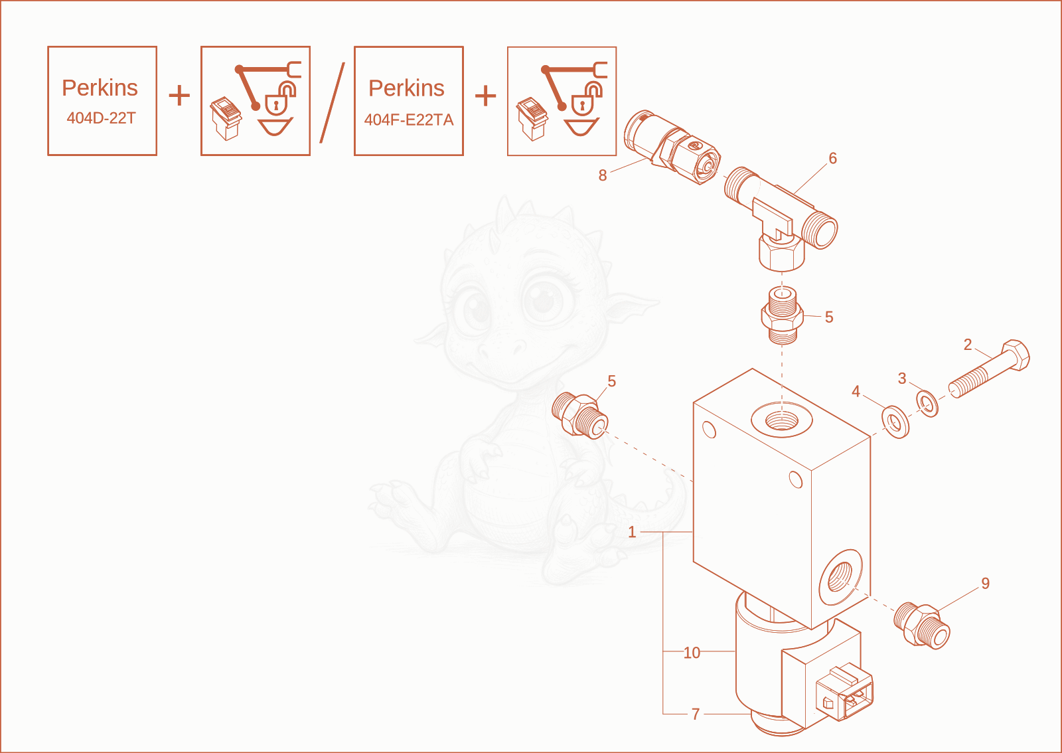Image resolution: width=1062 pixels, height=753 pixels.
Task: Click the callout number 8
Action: tap(603, 175)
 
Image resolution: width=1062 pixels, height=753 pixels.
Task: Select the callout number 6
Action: tap(832, 159)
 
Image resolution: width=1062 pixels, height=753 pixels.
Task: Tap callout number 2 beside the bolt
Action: tap(968, 345)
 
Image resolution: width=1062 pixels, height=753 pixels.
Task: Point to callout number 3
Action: tap(902, 378)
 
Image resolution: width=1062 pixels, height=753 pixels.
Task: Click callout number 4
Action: tap(856, 391)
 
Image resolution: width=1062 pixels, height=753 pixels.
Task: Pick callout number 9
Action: tap(985, 583)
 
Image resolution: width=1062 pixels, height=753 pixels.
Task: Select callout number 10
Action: tap(692, 653)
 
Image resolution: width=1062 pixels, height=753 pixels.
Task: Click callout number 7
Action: tap(696, 714)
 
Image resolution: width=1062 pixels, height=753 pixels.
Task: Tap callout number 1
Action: tap(631, 532)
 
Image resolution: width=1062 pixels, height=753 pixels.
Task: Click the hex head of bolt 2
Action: tap(1015, 355)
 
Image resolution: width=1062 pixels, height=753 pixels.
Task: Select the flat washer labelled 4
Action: tap(895, 422)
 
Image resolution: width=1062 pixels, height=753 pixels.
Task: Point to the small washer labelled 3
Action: tap(927, 404)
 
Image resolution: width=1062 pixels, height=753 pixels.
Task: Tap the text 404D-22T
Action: tap(101, 118)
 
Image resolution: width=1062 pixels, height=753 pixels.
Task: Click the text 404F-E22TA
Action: tap(409, 120)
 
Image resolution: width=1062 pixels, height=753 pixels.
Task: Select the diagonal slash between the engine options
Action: tap(332, 102)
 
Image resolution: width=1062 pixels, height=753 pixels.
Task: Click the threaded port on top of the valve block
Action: tap(782, 419)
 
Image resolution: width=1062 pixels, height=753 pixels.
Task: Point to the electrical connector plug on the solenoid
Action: tap(844, 693)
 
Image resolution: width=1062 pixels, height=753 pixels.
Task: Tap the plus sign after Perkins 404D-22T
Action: tap(179, 96)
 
